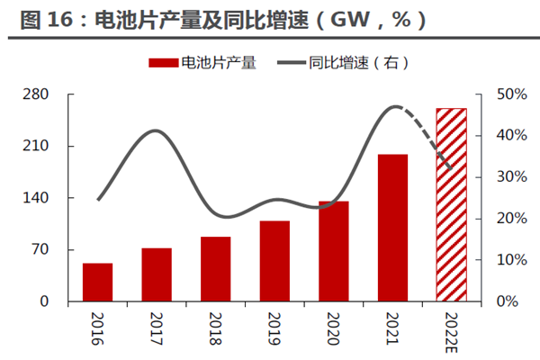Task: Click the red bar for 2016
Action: pos(97,283)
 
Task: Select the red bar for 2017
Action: pos(157,274)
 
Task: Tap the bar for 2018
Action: pos(215,269)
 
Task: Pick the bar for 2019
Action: pos(274,261)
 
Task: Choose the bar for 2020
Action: pos(333,251)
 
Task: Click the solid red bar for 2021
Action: pos(392,228)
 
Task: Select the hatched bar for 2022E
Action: pos(452,204)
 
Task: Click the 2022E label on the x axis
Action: pos(452,329)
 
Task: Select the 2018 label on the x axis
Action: pos(215,326)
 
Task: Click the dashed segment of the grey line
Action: pos(430,135)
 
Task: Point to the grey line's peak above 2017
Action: pos(157,131)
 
